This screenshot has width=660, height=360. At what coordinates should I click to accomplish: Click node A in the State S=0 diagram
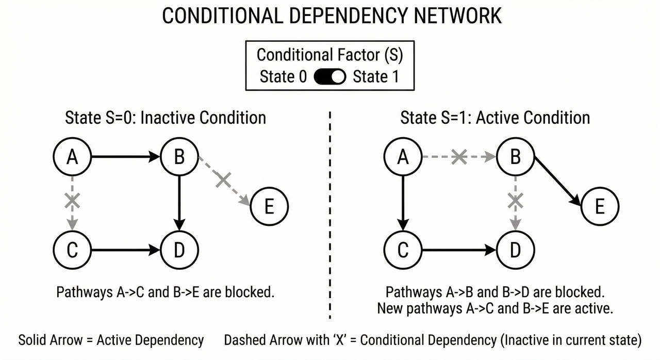click(73, 156)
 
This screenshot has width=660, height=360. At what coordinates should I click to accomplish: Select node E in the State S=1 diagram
click(600, 207)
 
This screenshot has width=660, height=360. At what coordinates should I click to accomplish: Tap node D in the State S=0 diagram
click(179, 250)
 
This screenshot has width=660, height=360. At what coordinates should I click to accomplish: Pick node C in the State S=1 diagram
click(403, 250)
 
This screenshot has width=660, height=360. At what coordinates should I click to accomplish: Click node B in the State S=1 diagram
click(515, 156)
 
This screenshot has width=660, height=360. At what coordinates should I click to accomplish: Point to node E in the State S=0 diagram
click(269, 207)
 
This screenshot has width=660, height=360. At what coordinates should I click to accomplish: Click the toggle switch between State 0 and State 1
click(329, 77)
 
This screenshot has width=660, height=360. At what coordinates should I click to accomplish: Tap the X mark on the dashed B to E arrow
click(223, 180)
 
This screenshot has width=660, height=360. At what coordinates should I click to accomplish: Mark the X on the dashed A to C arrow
click(73, 201)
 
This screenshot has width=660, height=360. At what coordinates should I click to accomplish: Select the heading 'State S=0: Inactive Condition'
click(166, 118)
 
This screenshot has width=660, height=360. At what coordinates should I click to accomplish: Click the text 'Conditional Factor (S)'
click(329, 55)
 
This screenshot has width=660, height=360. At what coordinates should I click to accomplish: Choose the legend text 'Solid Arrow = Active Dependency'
click(111, 340)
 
